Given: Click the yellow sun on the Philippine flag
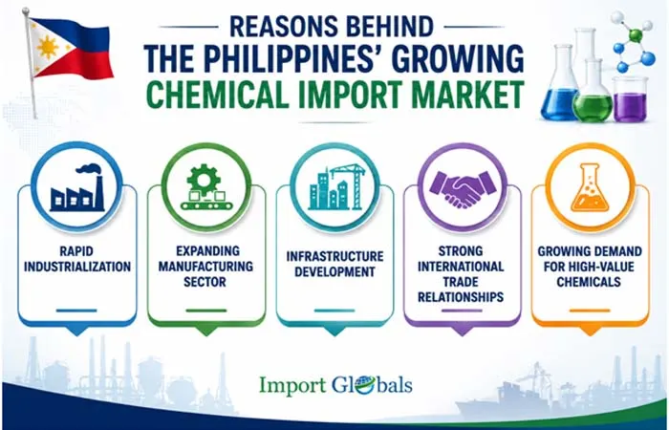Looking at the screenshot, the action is (x=48, y=47).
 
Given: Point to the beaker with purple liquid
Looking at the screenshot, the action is (x=630, y=99).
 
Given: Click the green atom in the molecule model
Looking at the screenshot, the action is (x=636, y=35).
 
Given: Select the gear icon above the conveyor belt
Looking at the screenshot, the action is (x=204, y=180).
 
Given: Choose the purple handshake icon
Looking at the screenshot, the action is (x=463, y=188).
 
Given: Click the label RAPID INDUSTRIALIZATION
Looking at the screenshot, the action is (x=77, y=259).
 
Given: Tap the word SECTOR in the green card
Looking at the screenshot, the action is (x=205, y=282).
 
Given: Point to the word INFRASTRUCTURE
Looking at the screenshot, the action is (x=334, y=256).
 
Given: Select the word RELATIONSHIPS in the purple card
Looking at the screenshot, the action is (x=461, y=296).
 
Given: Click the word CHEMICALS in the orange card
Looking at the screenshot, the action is (x=589, y=282).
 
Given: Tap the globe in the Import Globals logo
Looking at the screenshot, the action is (x=365, y=384).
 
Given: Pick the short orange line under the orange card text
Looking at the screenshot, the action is (x=590, y=311).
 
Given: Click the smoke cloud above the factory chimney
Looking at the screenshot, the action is (x=88, y=169).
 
